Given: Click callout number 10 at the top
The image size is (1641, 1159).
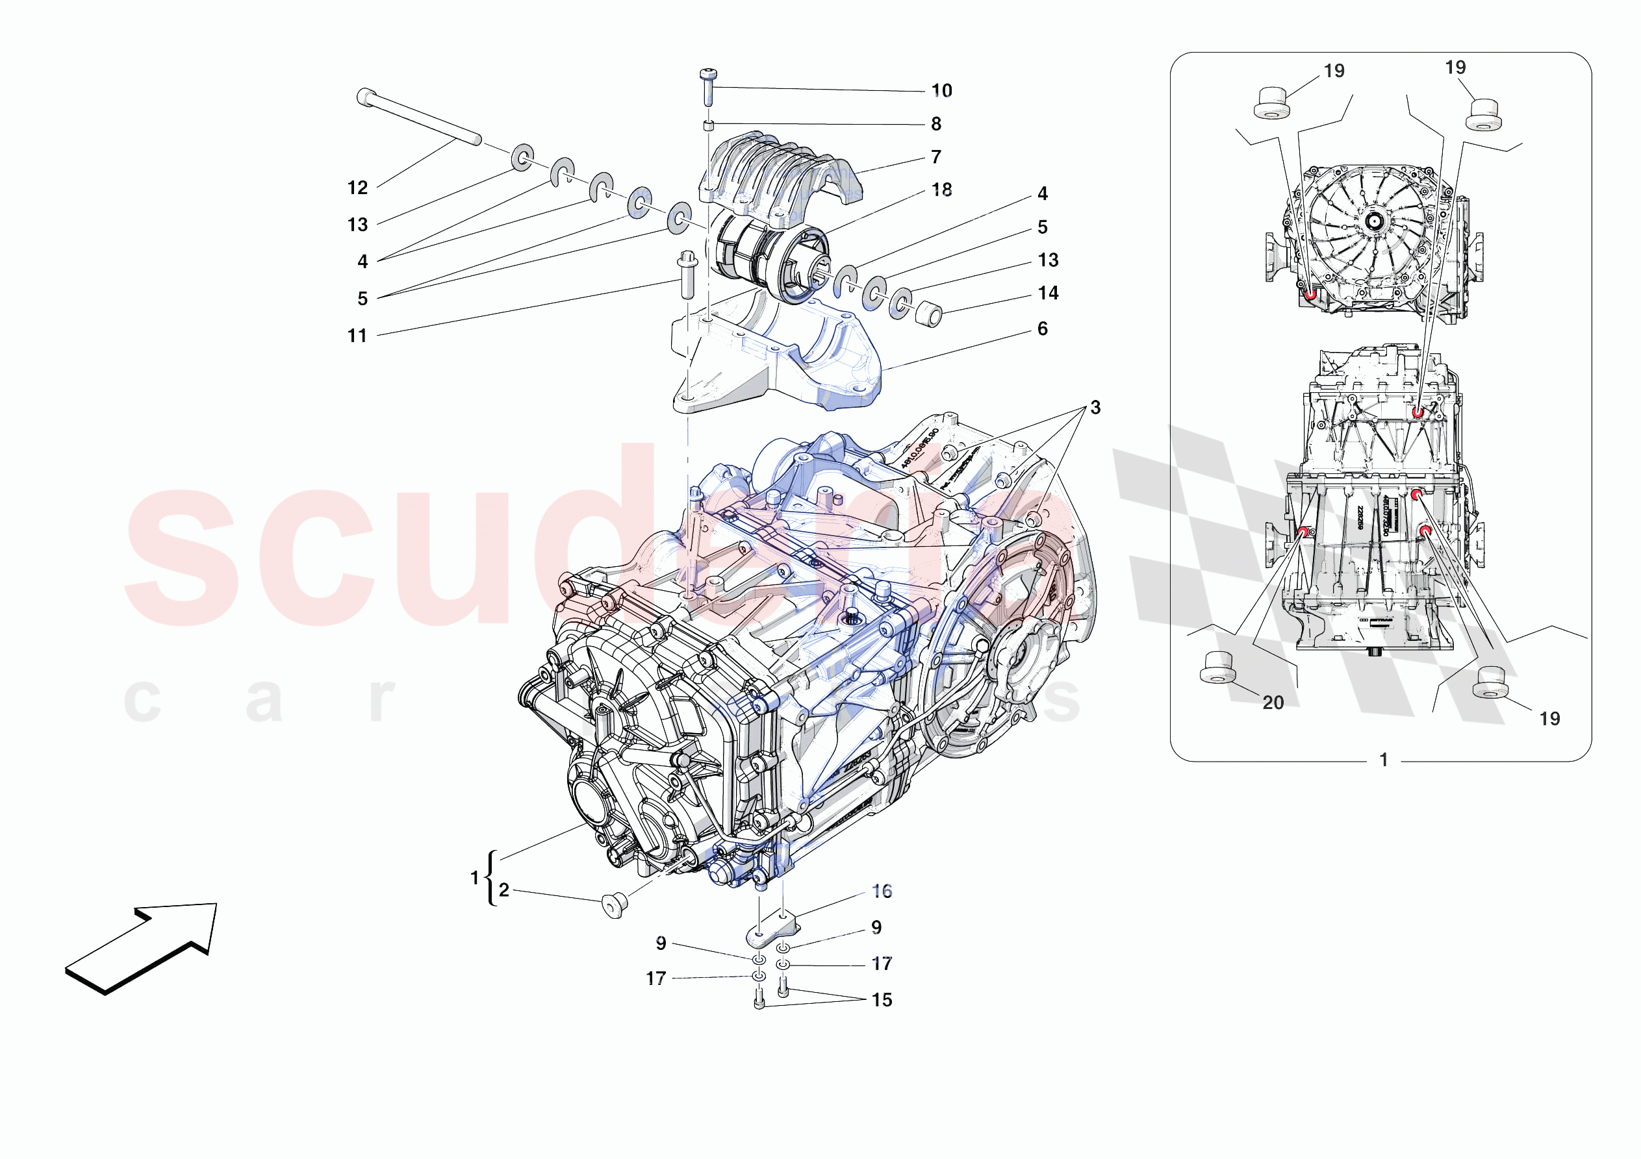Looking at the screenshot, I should pos(941,91).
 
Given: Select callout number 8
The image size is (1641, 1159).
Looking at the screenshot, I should pos(935,124).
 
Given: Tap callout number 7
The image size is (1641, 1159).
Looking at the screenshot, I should pos(935,157).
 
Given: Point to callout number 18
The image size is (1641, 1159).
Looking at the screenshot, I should pos(941,190).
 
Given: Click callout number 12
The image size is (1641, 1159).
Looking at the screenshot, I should pos(357,188).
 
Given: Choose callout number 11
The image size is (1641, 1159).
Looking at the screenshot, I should pos(357,336).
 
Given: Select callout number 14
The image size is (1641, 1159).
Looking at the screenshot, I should pos(1048,293).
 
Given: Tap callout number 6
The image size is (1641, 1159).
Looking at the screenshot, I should pos(1042,329).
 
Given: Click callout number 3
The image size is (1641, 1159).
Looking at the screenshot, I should pos(1094,408).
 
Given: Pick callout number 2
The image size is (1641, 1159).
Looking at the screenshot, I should pos(504,890).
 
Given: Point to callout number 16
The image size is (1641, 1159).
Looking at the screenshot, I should pos(882,891).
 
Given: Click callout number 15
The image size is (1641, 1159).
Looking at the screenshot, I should pos(882,1000).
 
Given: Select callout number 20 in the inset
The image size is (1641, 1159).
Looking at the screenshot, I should pos(1273,703).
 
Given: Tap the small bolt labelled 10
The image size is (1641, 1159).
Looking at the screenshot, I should pos(708,87).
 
